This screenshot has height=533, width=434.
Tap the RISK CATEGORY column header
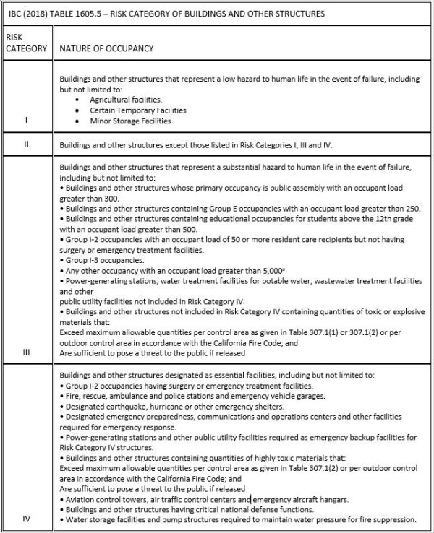[x=27, y=43]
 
